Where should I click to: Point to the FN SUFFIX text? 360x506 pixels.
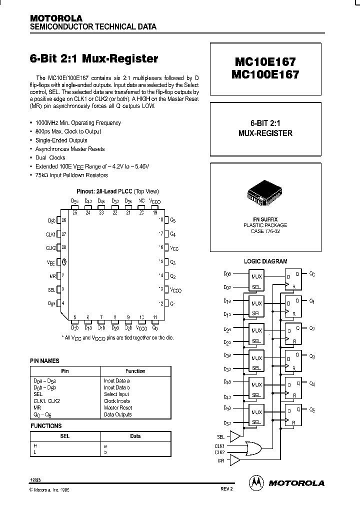click(265, 219)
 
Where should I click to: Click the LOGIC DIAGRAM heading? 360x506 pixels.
click(265, 261)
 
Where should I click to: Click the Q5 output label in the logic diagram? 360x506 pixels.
click(312, 410)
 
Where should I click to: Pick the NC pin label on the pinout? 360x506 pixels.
click(141, 200)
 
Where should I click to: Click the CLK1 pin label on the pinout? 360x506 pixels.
click(50, 233)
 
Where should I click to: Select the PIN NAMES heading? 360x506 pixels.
click(45, 360)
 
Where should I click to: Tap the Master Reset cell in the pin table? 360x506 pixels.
click(118, 407)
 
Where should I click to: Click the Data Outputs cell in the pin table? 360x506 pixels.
click(118, 414)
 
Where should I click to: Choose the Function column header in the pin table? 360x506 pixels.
click(135, 371)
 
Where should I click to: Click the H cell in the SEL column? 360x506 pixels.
click(35, 445)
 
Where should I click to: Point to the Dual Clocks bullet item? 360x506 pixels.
click(50, 157)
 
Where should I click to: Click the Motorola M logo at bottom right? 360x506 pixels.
click(255, 482)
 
